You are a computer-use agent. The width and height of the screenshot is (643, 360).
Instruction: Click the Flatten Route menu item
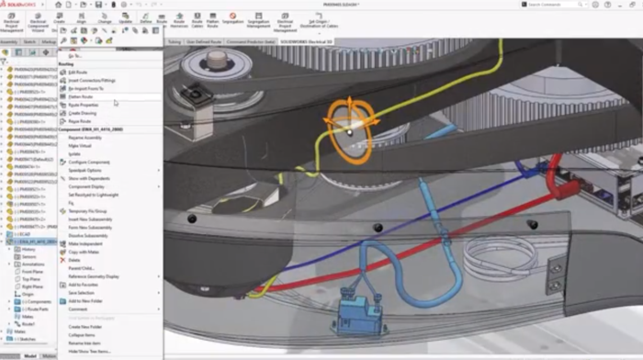[81, 96]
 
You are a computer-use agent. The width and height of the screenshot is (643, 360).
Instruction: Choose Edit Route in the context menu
[79, 73]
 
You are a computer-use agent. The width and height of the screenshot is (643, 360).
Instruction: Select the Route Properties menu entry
[84, 105]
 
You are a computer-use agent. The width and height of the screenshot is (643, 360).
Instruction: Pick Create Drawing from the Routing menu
[83, 112]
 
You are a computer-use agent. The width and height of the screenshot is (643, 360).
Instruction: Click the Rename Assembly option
[86, 137]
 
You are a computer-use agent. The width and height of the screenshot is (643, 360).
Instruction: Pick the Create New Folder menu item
[85, 327]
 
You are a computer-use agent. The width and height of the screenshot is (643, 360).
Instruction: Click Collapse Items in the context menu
[82, 334]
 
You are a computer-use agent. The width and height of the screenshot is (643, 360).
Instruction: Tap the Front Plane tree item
[31, 272]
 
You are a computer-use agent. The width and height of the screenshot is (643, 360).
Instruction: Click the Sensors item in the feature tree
[28, 257]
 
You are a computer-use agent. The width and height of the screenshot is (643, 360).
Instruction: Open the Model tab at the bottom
[29, 355]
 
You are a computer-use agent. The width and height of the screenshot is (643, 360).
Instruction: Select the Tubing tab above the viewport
[175, 41]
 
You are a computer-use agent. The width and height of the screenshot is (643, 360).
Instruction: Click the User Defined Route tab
[205, 41]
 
